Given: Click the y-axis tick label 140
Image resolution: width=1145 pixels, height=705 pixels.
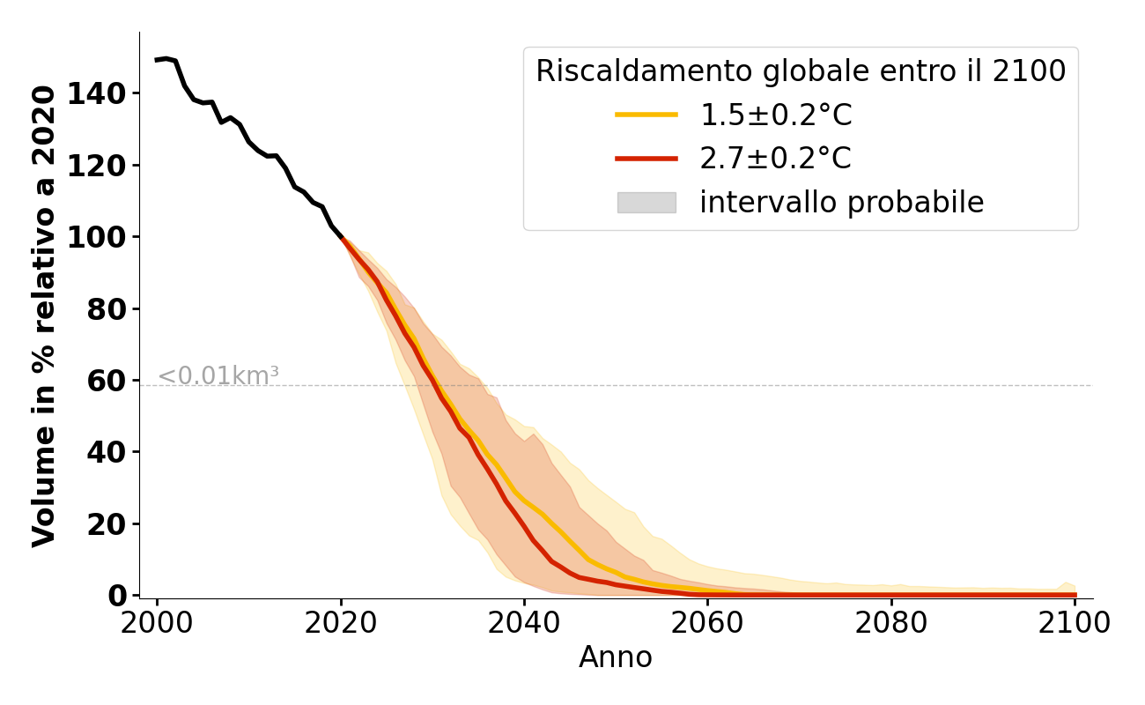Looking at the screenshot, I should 96,93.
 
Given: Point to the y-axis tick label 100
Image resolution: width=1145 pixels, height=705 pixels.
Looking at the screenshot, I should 96,237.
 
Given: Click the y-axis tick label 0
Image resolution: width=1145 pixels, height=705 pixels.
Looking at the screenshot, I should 117,596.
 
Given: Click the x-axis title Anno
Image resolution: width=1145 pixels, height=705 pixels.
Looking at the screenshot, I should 616,657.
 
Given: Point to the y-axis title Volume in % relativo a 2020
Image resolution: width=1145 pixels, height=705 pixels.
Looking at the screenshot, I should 44,315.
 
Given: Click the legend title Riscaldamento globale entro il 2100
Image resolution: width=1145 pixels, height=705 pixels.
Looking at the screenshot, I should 801,71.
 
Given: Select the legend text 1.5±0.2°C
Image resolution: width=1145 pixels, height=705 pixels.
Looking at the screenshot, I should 776,115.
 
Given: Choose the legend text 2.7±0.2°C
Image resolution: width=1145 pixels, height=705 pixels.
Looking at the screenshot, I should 776,159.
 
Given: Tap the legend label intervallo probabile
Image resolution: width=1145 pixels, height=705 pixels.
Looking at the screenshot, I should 841,203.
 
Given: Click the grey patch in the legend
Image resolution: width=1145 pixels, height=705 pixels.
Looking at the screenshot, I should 646,203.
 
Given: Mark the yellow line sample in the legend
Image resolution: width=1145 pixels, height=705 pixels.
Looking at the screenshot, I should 646,115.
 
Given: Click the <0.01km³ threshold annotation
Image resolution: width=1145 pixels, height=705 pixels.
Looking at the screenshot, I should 218,376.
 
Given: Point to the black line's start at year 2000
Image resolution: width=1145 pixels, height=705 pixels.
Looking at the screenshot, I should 157,60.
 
